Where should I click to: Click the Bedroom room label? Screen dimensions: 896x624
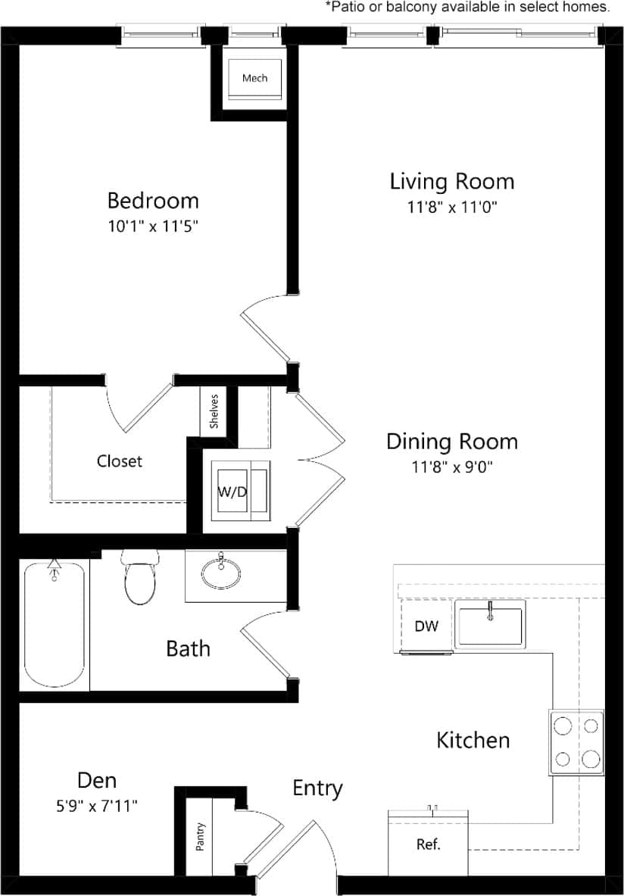153,201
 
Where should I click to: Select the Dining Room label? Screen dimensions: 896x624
452,442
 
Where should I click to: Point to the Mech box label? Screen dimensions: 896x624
254,78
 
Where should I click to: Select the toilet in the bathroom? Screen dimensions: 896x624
140,579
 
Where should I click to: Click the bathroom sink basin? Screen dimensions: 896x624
221,573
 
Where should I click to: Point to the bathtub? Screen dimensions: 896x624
54,625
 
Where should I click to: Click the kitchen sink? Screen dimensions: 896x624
490,626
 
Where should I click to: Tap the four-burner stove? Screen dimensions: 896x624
577,742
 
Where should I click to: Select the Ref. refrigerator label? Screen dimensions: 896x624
428,844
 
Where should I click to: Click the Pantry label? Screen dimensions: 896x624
200,838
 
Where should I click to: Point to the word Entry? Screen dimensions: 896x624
317,788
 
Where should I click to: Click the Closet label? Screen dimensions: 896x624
120,460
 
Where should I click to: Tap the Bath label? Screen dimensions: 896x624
188,648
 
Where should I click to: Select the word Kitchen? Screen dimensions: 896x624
473,740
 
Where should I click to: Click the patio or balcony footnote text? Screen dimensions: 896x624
467,8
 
